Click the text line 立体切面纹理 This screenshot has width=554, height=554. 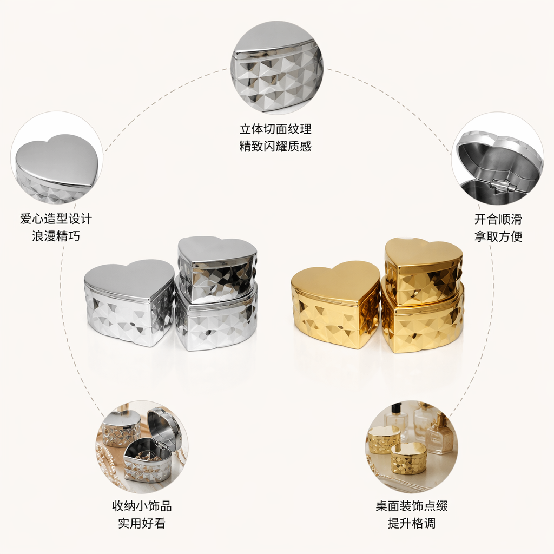(x=275, y=129)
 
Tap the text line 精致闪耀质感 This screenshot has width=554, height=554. (x=275, y=146)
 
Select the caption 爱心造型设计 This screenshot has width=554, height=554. (x=56, y=219)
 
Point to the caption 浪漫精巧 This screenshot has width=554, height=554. (x=56, y=236)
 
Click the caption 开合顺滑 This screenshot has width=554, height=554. (x=498, y=219)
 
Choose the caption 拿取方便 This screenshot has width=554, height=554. (x=498, y=236)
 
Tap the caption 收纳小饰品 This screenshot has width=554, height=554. (x=142, y=506)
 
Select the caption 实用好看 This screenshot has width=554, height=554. (x=142, y=523)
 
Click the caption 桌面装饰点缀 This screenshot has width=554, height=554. (x=412, y=506)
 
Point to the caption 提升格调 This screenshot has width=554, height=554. (x=412, y=523)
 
